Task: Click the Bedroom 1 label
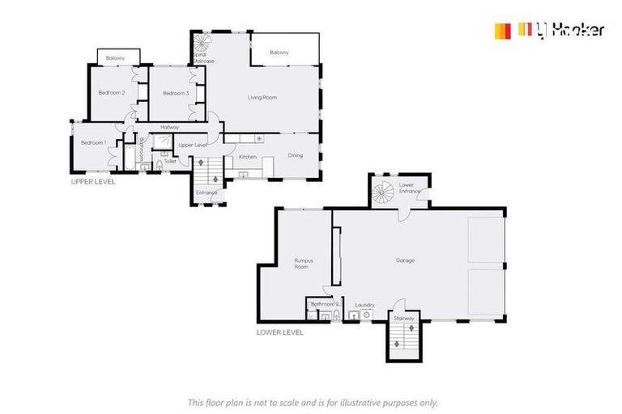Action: click(93, 143)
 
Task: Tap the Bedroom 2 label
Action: click(112, 93)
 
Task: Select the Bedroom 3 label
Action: click(176, 94)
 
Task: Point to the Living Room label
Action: click(262, 98)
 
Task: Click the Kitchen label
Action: click(248, 156)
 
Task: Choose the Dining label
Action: click(295, 155)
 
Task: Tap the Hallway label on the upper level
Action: click(169, 127)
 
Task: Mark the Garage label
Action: click(405, 260)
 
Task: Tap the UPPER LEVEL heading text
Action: click(93, 182)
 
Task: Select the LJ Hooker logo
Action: click(550, 31)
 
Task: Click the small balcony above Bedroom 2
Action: click(118, 57)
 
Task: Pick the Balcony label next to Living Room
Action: click(279, 53)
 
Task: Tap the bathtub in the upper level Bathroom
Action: click(128, 156)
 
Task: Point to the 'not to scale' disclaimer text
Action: click(312, 402)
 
